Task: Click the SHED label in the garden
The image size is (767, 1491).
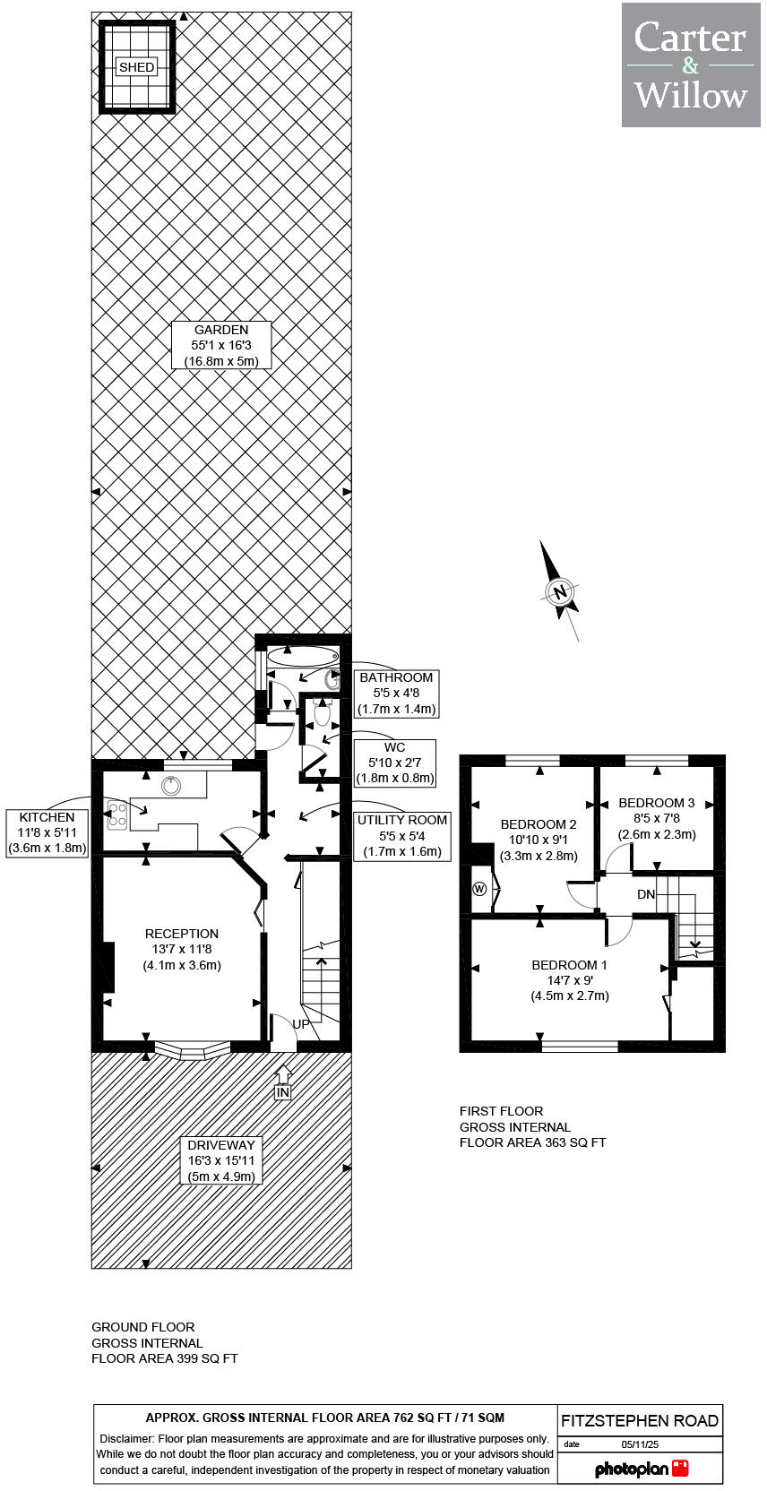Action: click(136, 67)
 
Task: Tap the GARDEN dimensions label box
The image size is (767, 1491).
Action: click(221, 345)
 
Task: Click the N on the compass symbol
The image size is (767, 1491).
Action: click(561, 591)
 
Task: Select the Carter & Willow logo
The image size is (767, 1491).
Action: click(691, 65)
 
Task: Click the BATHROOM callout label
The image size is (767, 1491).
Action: click(396, 693)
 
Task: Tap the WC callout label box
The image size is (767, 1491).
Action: click(394, 763)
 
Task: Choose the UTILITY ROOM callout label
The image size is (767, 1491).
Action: click(401, 835)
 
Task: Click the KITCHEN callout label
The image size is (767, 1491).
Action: click(47, 832)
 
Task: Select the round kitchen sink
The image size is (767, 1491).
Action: click(171, 786)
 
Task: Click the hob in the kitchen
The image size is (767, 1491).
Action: click(117, 814)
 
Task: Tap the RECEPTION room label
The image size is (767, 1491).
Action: click(182, 949)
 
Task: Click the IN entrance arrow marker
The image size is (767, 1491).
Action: click(283, 1084)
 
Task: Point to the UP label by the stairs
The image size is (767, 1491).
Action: click(300, 1024)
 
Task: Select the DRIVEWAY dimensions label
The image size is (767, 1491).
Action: click(221, 1160)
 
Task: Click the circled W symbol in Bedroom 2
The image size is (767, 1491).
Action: click(479, 889)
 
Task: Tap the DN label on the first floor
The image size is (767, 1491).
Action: click(646, 894)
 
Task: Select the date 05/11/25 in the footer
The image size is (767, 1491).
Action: click(639, 1444)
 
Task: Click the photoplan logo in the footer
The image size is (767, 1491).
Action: click(641, 1469)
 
